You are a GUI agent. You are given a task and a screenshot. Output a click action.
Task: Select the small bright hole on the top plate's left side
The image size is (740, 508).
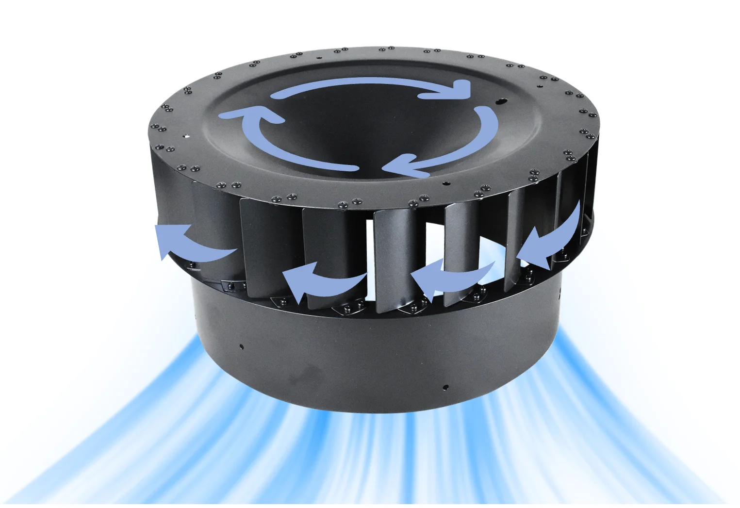(184, 136)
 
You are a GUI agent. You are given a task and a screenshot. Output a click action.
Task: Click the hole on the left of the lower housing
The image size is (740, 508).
(241, 346)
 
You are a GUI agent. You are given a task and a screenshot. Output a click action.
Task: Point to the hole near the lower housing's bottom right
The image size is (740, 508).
(445, 387)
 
